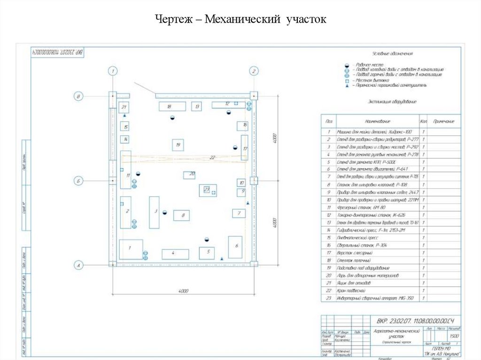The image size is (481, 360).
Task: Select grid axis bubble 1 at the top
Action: pos(112,71)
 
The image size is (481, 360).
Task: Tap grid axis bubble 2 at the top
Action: pos(254,71)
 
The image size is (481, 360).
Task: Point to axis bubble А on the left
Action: pos(78,266)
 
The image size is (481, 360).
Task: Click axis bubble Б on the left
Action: pos(78,180)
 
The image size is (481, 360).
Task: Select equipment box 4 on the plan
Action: pos(175,254)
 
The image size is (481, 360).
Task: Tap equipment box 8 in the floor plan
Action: pos(182,215)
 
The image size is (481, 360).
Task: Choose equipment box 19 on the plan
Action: pos(178,145)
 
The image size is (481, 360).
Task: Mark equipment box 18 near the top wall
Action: pos(169,106)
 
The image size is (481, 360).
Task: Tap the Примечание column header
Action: pos(443,122)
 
